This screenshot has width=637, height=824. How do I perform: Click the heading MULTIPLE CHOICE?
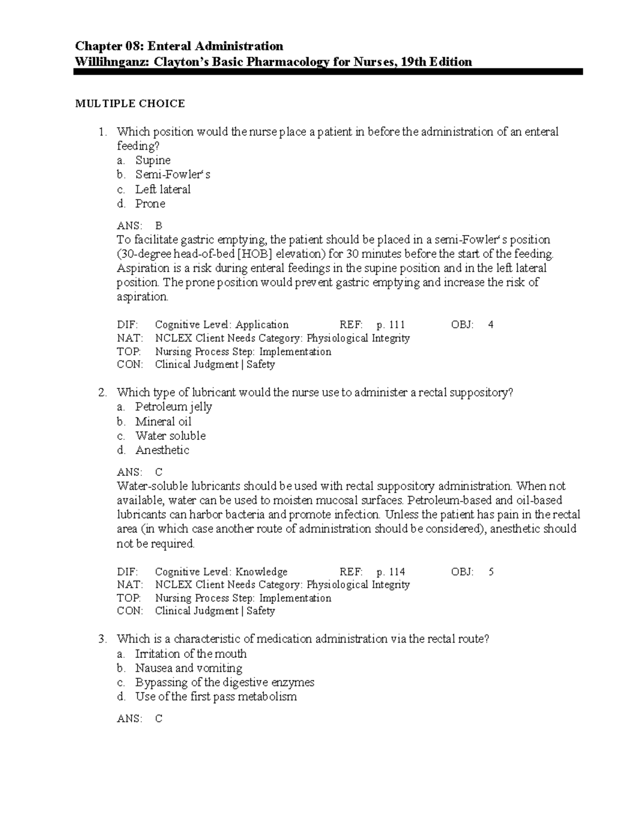pyautogui.click(x=130, y=103)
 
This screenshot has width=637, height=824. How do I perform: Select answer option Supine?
pyautogui.click(x=152, y=160)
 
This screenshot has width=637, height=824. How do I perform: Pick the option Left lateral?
pyautogui.click(x=162, y=189)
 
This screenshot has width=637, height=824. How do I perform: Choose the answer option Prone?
pyautogui.click(x=150, y=204)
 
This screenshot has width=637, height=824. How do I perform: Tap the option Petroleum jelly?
pyautogui.click(x=173, y=407)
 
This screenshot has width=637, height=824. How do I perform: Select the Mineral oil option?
pyautogui.click(x=163, y=421)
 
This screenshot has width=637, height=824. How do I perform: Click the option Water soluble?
pyautogui.click(x=170, y=436)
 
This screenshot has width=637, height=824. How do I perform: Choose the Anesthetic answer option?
pyautogui.click(x=162, y=450)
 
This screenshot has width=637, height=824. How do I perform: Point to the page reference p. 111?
pyautogui.click(x=390, y=325)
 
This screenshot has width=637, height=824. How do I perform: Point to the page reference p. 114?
pyautogui.click(x=390, y=571)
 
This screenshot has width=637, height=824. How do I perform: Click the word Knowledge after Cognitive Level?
pyautogui.click(x=261, y=571)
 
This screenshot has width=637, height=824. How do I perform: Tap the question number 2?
pyautogui.click(x=102, y=393)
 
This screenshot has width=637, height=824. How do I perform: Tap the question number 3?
pyautogui.click(x=102, y=639)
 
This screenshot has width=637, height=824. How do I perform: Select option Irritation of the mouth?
pyautogui.click(x=191, y=654)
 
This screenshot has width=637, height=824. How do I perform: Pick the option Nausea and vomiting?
pyautogui.click(x=188, y=668)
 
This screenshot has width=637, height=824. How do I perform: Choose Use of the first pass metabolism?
pyautogui.click(x=216, y=697)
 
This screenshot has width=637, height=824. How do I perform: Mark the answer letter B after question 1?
pyautogui.click(x=158, y=225)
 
